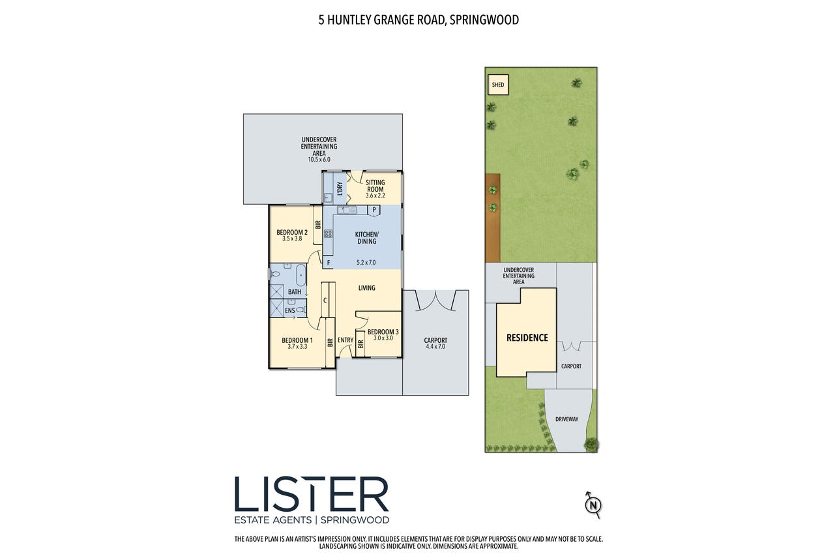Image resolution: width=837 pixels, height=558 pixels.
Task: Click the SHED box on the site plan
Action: (x=498, y=85)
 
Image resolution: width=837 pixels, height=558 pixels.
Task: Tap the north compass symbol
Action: (x=593, y=505)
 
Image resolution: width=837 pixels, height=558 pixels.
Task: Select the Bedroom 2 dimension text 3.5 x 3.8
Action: (x=292, y=239)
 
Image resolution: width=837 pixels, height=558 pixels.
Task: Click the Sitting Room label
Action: (x=375, y=186)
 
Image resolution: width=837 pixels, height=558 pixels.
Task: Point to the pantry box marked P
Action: (x=374, y=211)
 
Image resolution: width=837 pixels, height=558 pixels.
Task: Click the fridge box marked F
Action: (x=328, y=263)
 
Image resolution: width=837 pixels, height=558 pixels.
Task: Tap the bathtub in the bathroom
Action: (x=301, y=275)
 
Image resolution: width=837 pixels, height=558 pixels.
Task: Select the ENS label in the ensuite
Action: (x=290, y=310)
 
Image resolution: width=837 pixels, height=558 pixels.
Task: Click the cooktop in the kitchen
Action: (x=328, y=234)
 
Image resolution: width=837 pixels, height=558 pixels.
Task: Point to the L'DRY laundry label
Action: (x=340, y=189)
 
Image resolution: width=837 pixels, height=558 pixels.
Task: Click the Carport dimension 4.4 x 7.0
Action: (x=435, y=346)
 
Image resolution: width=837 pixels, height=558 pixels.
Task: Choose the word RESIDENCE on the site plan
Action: (x=527, y=338)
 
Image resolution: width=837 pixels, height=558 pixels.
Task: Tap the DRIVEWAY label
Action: (x=566, y=419)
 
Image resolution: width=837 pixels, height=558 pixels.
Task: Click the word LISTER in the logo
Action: (x=312, y=493)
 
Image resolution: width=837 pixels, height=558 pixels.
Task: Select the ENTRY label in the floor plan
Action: (x=345, y=340)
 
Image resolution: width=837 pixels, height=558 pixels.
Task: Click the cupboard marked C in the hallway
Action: (x=325, y=300)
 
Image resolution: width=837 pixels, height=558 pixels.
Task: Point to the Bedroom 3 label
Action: (x=383, y=332)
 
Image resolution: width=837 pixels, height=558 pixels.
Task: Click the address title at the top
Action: (x=419, y=20)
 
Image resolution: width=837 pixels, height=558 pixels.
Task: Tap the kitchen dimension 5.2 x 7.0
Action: (x=366, y=262)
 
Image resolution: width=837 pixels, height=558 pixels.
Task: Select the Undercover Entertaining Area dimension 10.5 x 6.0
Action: (x=319, y=160)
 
